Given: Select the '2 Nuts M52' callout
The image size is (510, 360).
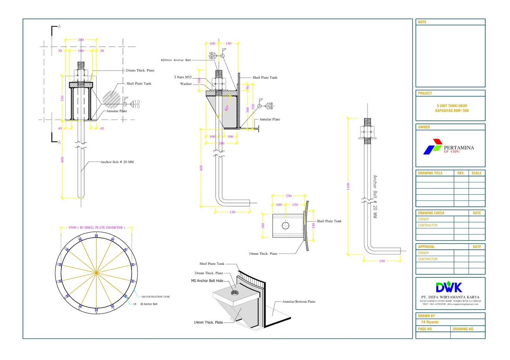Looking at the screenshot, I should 183,77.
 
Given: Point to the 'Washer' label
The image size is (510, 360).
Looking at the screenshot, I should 186,84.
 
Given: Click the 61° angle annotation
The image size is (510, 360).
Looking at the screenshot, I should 227,108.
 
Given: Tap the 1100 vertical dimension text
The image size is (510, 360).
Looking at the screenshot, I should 348,186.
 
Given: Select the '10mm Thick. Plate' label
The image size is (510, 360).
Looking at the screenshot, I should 263,254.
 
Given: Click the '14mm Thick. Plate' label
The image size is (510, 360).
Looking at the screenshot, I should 208,322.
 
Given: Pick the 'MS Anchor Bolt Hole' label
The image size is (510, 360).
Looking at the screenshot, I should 207,281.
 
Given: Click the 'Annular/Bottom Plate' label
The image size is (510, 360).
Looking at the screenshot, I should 298,301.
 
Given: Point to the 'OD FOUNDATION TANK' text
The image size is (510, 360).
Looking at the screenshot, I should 156,297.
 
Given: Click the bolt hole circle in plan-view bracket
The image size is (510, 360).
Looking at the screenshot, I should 286,226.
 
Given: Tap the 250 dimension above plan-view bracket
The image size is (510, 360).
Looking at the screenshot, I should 288,196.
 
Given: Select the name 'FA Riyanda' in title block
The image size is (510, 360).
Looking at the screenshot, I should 430,322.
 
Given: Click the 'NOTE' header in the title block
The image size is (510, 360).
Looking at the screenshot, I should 422,22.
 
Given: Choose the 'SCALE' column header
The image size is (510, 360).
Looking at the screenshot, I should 476,173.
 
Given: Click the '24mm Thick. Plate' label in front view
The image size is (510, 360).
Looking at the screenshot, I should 140,70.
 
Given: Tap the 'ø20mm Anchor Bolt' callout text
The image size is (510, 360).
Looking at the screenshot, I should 176,60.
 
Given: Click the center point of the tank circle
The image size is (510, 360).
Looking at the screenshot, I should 96,273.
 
